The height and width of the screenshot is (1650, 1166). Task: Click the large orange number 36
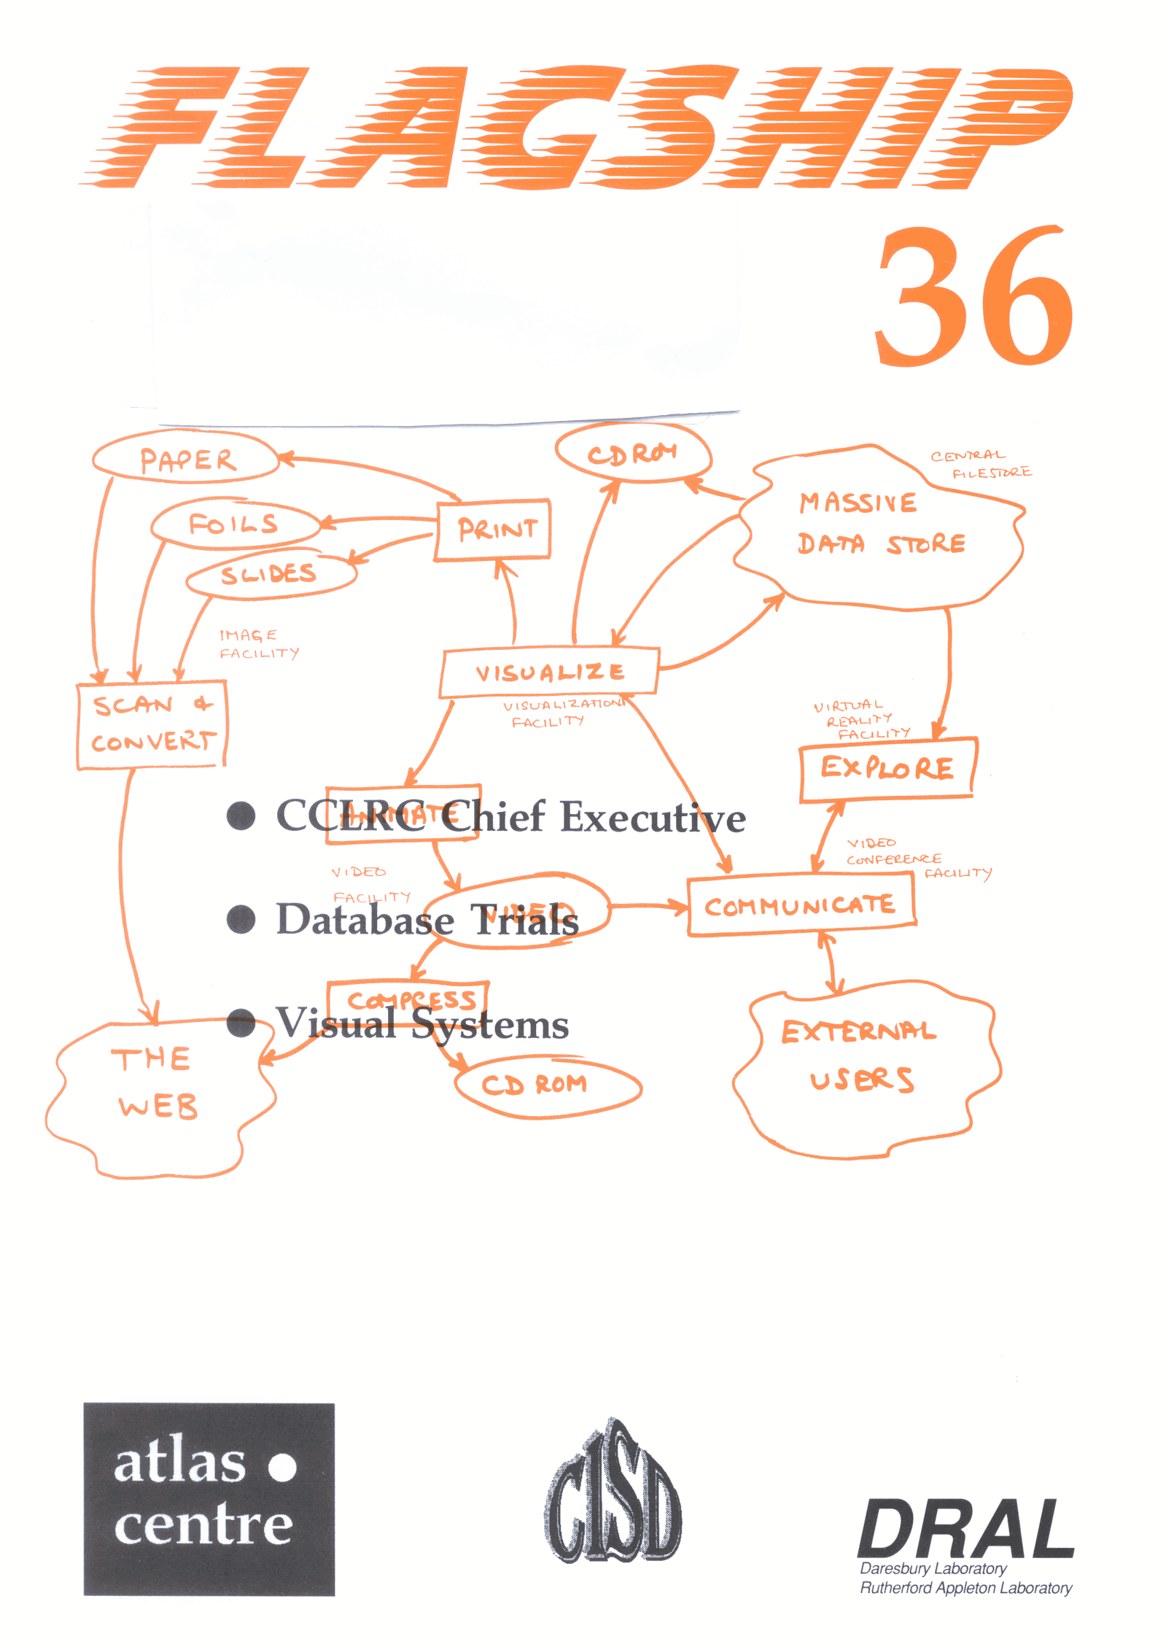coord(973,298)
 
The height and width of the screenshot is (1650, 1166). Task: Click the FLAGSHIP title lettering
coord(576,128)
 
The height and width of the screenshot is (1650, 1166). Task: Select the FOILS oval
coord(234,523)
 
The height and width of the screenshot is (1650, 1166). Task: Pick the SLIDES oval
coord(270,574)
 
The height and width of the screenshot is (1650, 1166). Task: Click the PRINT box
coord(494,530)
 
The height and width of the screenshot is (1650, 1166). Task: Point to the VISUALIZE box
coord(549,672)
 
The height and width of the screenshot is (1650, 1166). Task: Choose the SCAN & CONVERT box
coord(152,724)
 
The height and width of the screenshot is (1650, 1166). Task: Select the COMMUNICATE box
coord(801,905)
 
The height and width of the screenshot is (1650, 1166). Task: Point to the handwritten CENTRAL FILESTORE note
coord(979,464)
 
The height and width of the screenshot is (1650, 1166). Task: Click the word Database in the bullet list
coord(365,918)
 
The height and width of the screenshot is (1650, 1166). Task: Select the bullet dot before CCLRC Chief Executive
coord(241,816)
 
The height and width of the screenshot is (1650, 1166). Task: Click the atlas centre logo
coord(209,1498)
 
